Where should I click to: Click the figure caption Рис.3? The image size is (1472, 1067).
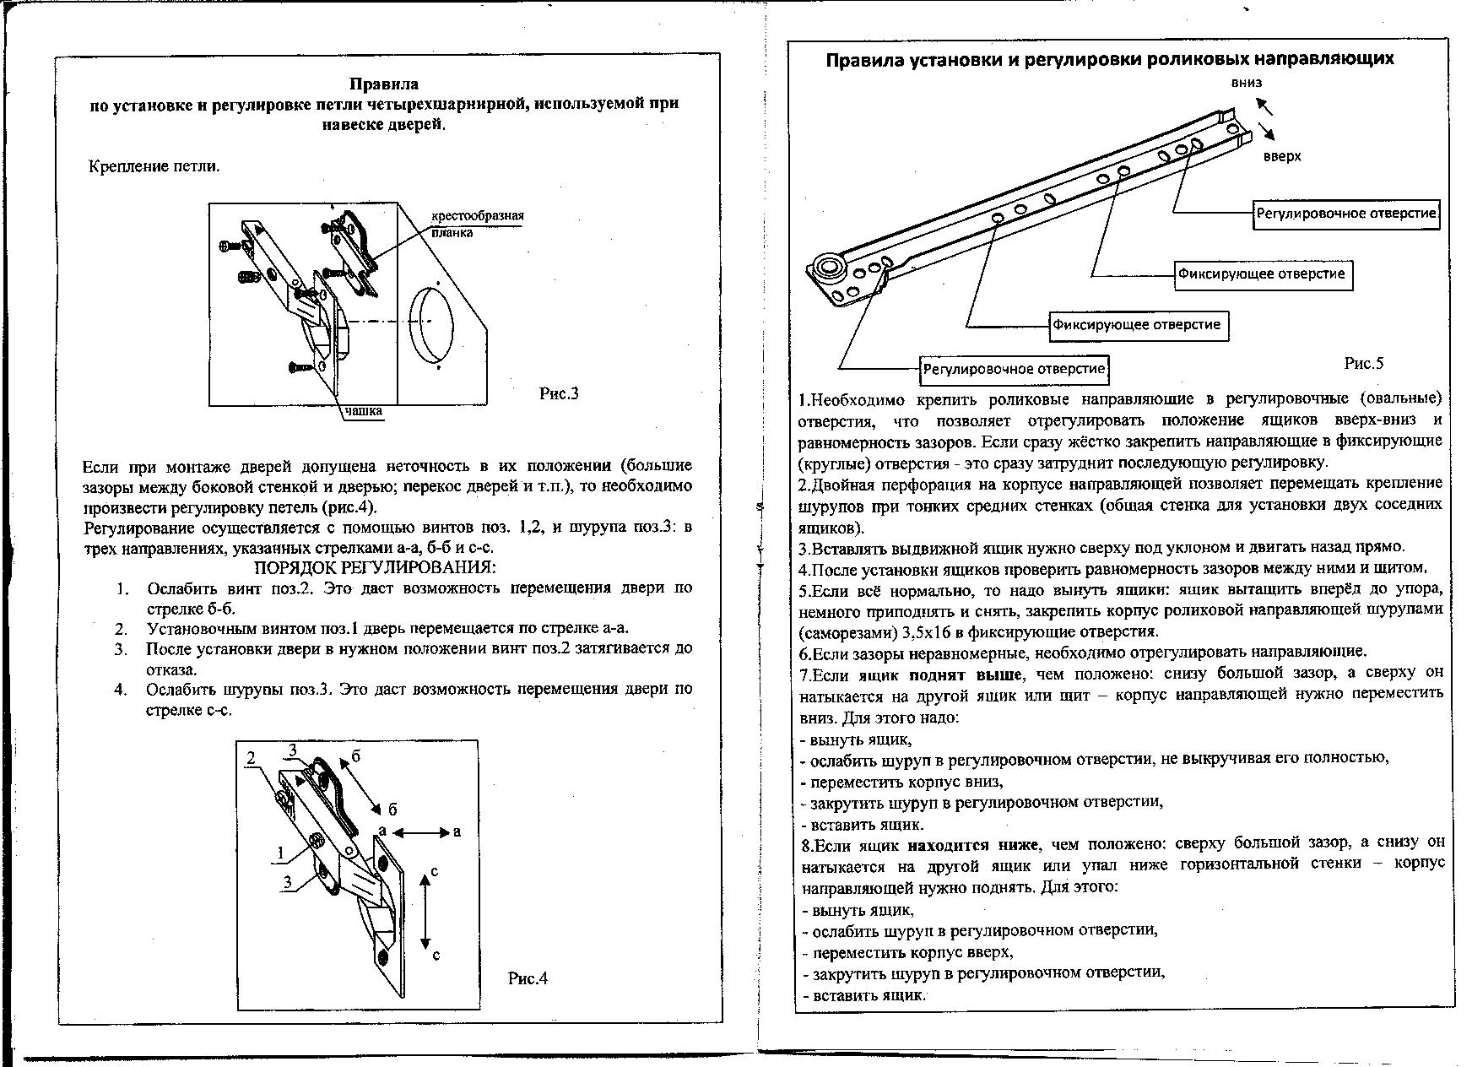tap(559, 393)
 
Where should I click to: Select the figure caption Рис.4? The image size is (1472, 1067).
tap(528, 978)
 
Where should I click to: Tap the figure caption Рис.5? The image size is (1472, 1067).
tap(1364, 364)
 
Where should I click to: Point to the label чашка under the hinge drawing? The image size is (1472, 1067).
tap(362, 412)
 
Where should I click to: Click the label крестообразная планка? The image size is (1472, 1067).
tap(477, 223)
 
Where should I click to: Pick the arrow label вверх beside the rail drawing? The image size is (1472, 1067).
tap(1282, 156)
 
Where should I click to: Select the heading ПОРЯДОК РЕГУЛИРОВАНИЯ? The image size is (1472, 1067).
tap(376, 567)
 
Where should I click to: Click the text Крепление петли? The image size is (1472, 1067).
tap(154, 166)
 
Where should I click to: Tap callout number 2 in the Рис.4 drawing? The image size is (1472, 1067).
tap(251, 758)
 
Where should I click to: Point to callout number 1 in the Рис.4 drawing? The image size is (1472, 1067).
tap(279, 853)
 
